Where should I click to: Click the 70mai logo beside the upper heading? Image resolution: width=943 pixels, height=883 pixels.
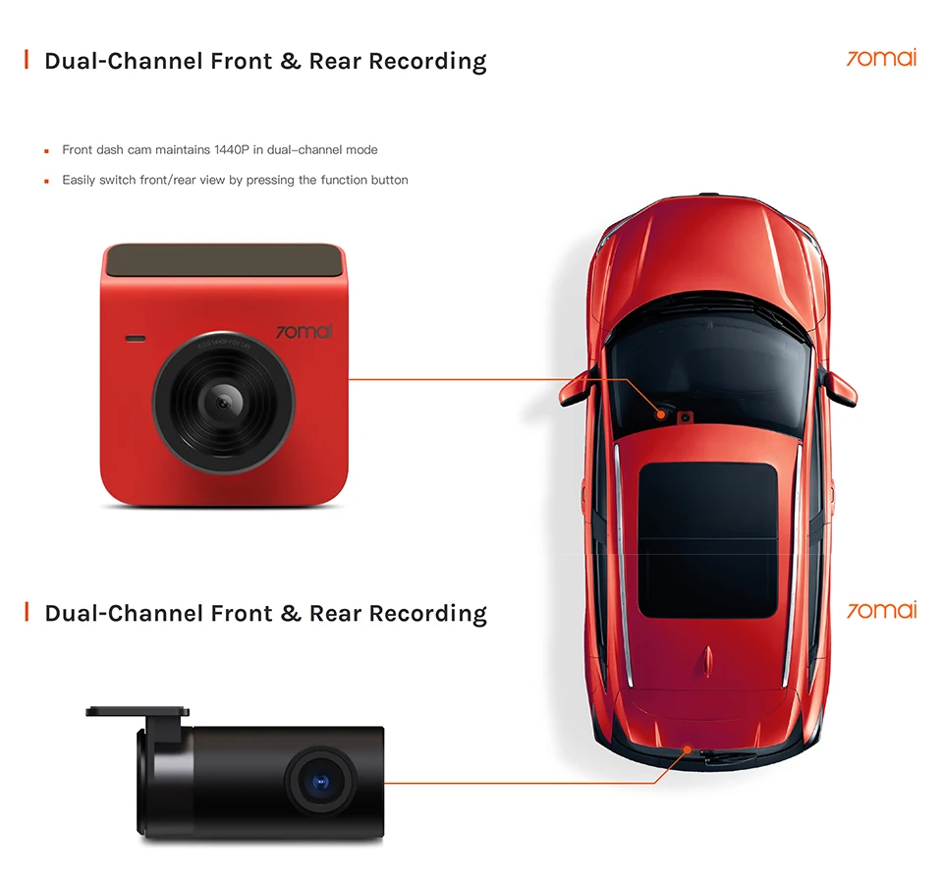881,58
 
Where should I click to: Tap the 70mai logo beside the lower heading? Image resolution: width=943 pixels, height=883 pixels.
881,610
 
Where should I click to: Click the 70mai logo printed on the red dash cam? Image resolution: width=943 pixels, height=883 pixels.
304,332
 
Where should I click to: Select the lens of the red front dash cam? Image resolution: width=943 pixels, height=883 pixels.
224,401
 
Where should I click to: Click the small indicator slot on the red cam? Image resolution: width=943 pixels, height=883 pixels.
135,339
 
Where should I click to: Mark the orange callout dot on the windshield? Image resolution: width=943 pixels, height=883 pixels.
663,415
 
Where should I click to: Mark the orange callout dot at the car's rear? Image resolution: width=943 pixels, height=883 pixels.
685,750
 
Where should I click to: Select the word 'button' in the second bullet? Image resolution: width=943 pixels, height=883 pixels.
389,180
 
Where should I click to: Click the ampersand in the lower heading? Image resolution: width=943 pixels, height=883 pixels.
290,614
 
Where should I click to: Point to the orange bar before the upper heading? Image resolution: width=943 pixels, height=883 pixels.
27,61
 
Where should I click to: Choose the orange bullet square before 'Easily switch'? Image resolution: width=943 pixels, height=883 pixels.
46,181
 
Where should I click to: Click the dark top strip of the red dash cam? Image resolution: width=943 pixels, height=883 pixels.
225,260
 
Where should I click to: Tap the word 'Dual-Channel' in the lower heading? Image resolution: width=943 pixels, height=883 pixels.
124,614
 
